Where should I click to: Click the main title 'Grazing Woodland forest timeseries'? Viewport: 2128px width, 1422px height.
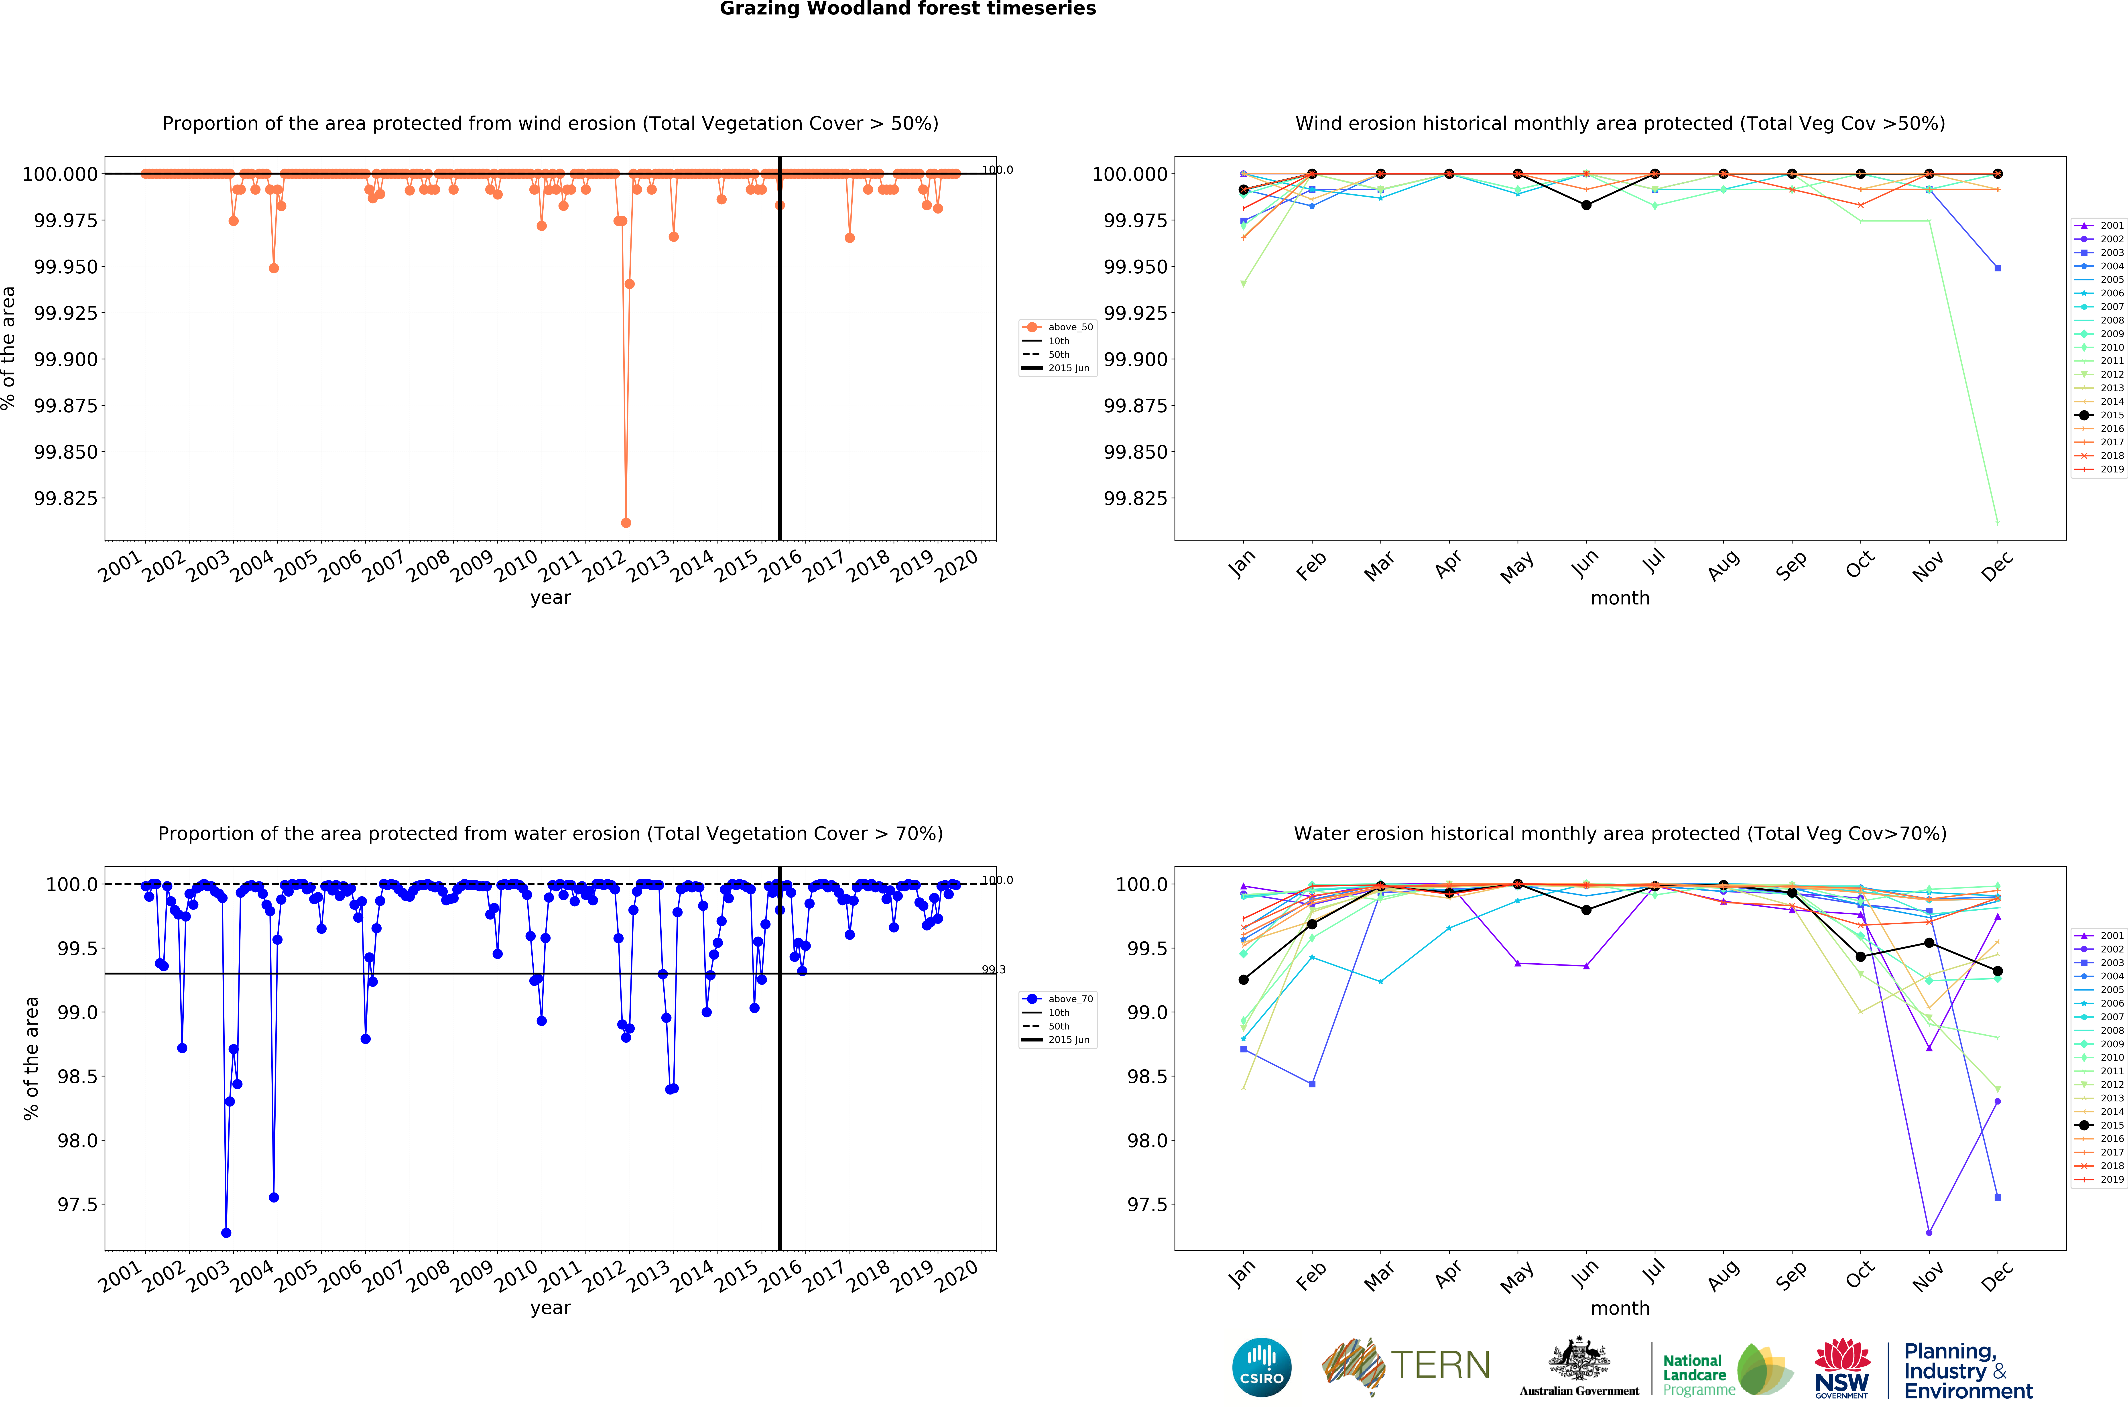pyautogui.click(x=908, y=9)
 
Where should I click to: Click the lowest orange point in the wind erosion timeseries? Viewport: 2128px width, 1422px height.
pyautogui.click(x=626, y=522)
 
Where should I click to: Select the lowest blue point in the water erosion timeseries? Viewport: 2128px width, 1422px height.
pyautogui.click(x=226, y=1233)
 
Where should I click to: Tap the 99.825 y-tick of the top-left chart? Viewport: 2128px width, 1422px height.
pyautogui.click(x=65, y=498)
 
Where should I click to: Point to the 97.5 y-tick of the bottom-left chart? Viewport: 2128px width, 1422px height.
pyautogui.click(x=77, y=1204)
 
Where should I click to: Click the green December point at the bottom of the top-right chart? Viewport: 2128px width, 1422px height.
pyautogui.click(x=1998, y=521)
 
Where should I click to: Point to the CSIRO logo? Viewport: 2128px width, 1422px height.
pyautogui.click(x=1261, y=1367)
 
